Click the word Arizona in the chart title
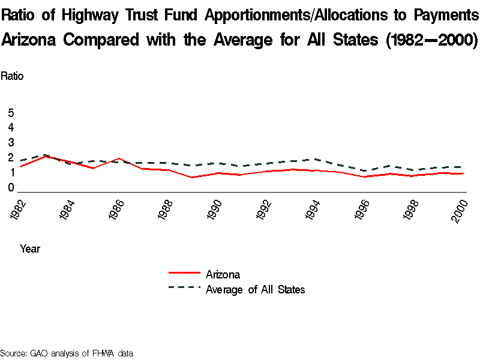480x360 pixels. coord(30,40)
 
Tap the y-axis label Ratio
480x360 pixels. coord(12,76)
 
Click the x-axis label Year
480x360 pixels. coord(30,248)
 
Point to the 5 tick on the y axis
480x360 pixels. coord(11,113)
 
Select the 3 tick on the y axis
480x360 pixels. coord(11,142)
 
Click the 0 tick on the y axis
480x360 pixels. coord(11,188)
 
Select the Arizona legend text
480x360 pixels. coord(223,275)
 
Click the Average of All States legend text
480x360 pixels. coord(255,290)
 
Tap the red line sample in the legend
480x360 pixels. coord(184,273)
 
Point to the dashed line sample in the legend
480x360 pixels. coord(184,287)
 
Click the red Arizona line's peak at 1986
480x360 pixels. coord(119,158)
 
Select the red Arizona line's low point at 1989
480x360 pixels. coord(191,178)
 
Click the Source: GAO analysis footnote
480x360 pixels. coord(66,353)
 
